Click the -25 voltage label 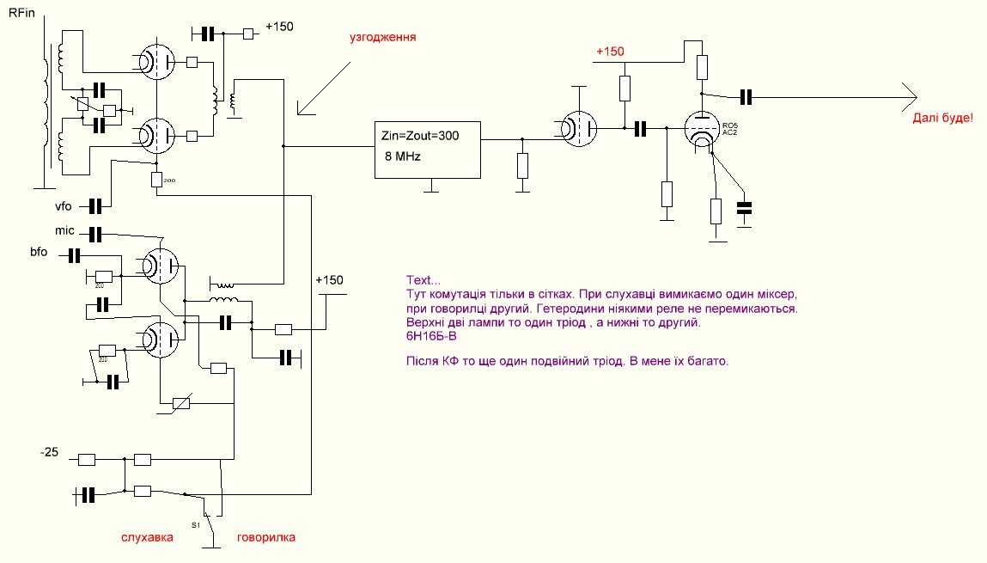pos(51,453)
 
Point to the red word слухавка pos(147,537)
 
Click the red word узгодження pos(382,39)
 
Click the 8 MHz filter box pos(428,150)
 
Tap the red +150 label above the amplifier pos(610,52)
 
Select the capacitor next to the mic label pos(95,234)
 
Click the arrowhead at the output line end pos(912,95)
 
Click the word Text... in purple pos(422,280)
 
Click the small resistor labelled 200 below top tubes pos(156,179)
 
